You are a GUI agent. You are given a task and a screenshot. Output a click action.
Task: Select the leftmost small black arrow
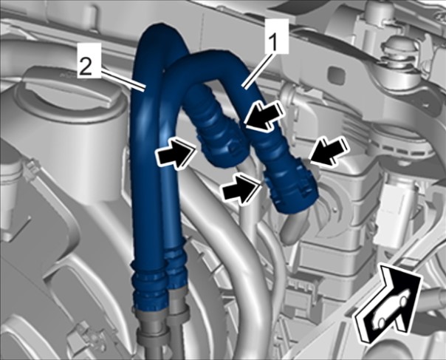click(176, 153)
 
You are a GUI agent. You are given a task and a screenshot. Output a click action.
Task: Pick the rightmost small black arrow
click(330, 151)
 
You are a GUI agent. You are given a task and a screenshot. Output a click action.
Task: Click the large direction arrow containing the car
click(387, 302)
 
